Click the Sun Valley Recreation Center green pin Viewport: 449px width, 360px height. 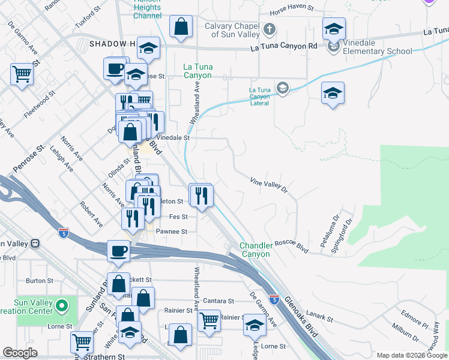(61, 307)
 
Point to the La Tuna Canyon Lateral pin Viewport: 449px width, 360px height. (282, 89)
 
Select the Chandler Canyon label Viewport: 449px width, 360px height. (256, 250)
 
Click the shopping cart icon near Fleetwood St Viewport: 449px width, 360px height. (22, 74)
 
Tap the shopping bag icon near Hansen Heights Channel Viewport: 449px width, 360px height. (181, 26)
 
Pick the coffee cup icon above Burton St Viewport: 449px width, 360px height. (119, 250)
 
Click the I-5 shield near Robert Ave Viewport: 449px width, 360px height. (64, 232)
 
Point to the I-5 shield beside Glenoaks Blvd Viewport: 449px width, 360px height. (274, 298)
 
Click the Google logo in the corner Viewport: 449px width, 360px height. (20, 353)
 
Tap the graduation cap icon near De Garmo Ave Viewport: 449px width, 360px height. (255, 326)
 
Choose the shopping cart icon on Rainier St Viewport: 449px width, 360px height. (208, 319)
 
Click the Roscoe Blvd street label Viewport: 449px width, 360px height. (291, 244)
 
